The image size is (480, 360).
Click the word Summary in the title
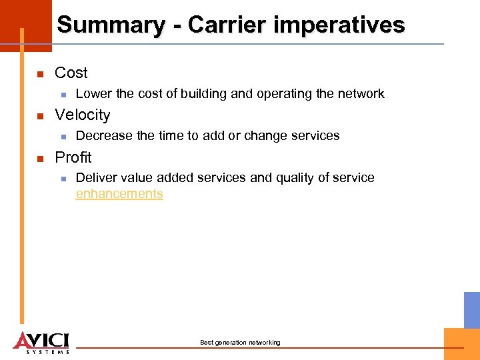coord(111,25)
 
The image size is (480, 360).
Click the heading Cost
coord(71,73)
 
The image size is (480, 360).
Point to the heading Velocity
coord(82,115)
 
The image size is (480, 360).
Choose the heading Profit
coord(73,157)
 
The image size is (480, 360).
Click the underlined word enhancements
coord(119,194)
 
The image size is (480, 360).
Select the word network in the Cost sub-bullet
coord(361,94)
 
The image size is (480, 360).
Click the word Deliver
coord(95,178)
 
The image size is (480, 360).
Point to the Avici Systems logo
coord(41,342)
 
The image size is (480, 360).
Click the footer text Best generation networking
coord(240,343)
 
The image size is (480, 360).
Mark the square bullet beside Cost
coord(40,74)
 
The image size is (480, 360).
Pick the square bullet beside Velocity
coord(40,116)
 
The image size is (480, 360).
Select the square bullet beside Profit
coord(40,159)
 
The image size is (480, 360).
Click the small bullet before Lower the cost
coord(62,95)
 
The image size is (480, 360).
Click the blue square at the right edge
coord(472,309)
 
